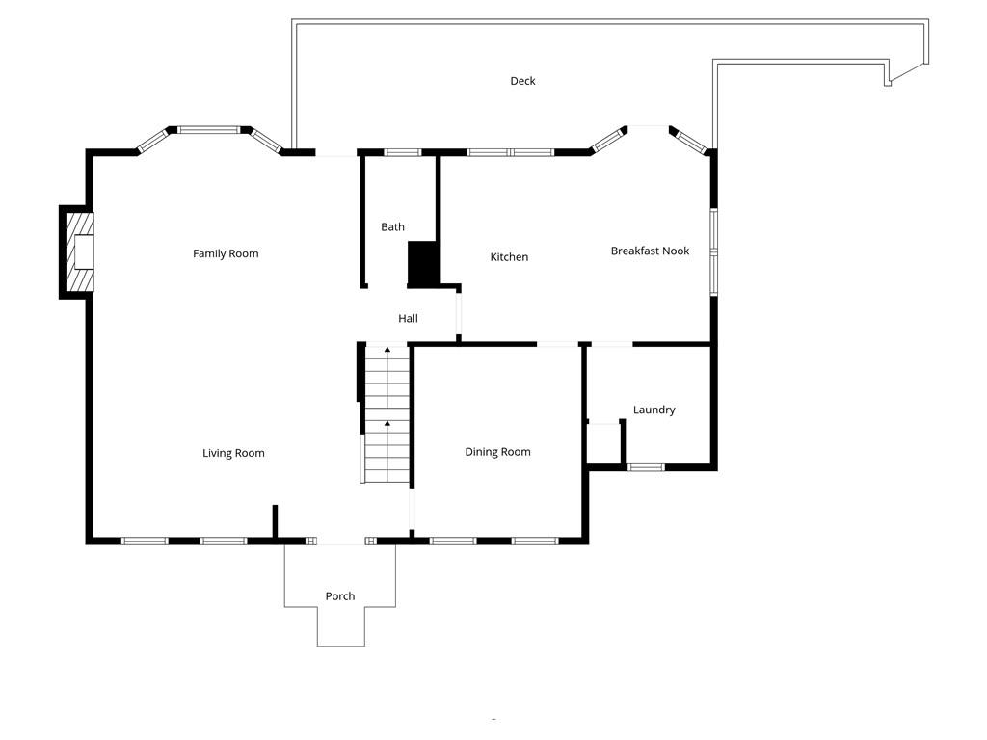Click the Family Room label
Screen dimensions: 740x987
226,253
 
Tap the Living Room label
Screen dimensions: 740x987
233,453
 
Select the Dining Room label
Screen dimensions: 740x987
497,452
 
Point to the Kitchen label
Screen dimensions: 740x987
509,257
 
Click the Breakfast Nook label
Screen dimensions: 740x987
650,251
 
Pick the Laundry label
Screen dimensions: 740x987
654,410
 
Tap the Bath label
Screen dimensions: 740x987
392,227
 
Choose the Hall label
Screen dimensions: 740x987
408,318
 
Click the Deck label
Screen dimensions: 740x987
522,81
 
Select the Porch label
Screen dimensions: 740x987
339,596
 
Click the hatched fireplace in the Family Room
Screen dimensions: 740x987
80,251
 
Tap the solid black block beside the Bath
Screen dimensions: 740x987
423,263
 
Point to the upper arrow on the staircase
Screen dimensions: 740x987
387,350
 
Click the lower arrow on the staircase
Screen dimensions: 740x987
387,424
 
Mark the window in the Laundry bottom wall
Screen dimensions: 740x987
646,467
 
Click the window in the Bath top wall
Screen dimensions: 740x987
402,152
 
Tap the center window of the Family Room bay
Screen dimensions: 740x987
209,129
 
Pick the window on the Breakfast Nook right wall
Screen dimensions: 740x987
713,248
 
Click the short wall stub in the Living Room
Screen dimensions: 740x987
275,521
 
